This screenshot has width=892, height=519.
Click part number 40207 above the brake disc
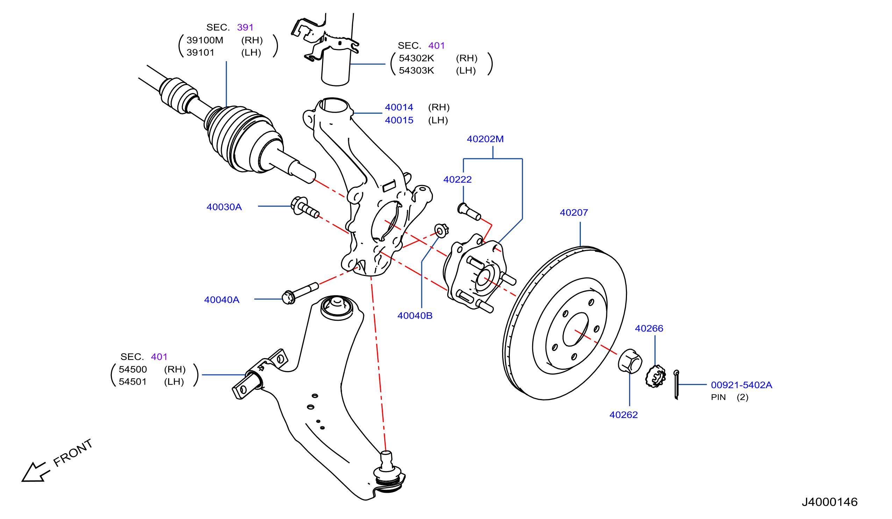[574, 213]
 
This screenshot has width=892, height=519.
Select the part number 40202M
[485, 139]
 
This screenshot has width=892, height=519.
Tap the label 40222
[458, 179]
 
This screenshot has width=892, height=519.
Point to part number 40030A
[224, 207]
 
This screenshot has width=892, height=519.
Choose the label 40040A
[222, 300]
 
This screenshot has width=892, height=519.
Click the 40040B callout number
[415, 316]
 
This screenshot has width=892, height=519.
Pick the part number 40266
[649, 328]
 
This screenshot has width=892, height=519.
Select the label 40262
[624, 415]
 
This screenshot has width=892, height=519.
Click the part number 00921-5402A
[742, 385]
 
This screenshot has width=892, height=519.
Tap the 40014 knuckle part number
[399, 107]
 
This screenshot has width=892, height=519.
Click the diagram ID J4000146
[830, 502]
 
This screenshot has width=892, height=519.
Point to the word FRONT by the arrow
[73, 453]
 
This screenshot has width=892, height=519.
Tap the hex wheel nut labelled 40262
[630, 361]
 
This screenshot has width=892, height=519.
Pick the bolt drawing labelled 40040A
[300, 293]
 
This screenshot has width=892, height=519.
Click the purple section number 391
[245, 28]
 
